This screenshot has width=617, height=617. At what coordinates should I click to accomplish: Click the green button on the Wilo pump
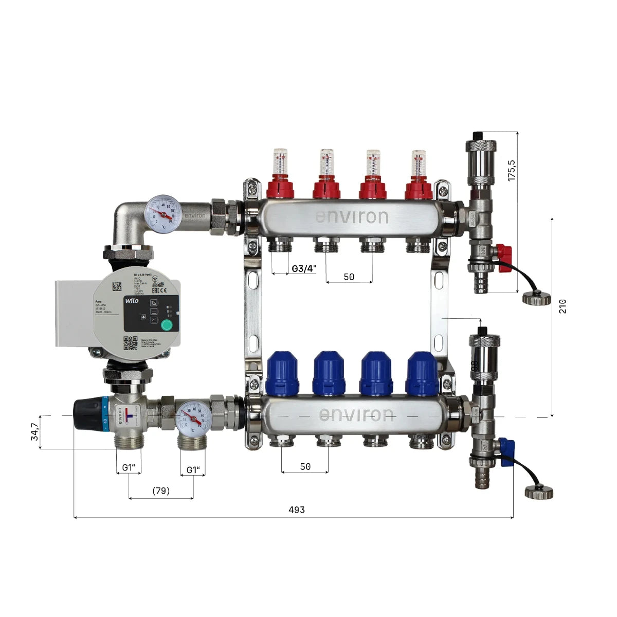coord(167,324)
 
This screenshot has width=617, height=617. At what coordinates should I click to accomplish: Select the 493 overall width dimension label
coord(296,510)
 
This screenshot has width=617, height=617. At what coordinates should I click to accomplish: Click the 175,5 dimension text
coord(511,170)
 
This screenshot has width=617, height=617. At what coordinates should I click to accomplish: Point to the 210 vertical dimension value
coord(562,306)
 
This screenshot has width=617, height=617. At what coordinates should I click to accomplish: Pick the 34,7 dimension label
coord(34,432)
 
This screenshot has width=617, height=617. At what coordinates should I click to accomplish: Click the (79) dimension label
coord(161,491)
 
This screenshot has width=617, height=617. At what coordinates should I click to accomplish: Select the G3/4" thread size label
coord(304,268)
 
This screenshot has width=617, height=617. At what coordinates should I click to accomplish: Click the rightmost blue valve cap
coord(422,373)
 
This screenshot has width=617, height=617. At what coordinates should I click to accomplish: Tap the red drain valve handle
coord(505,253)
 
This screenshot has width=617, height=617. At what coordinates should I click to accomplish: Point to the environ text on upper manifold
coord(352,216)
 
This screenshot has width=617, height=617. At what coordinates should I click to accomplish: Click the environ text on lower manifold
coord(356,414)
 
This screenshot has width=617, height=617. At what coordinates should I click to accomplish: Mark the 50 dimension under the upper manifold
coord(349,277)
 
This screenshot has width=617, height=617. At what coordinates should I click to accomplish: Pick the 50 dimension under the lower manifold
coord(305,466)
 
